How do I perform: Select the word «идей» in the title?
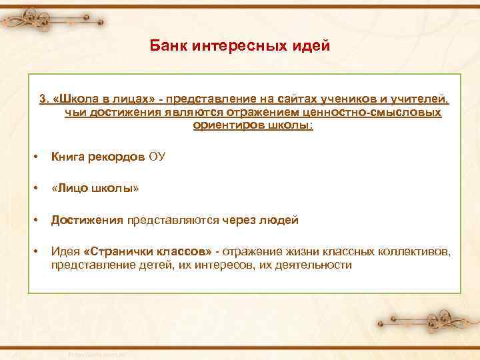[x=311, y=47]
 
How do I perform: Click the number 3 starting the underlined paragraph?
[x=43, y=99]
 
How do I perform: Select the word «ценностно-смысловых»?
[x=383, y=112]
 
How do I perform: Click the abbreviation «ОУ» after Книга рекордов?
[x=157, y=157]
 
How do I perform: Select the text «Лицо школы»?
[x=95, y=189]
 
